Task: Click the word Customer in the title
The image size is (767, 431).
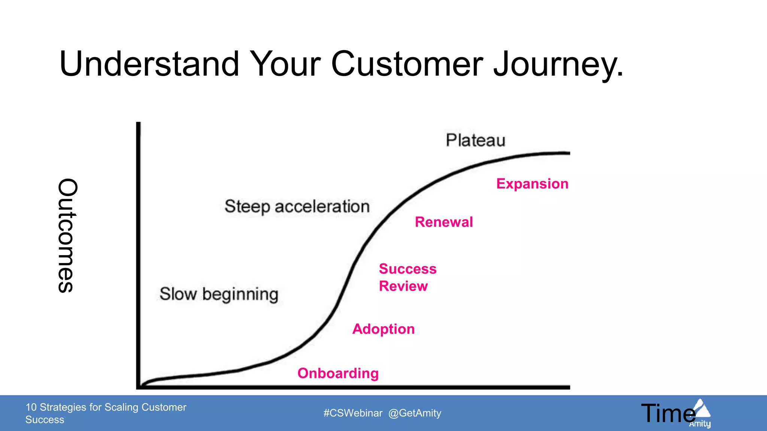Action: click(407, 64)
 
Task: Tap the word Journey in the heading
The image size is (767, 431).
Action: click(558, 64)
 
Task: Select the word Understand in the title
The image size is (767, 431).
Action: click(149, 64)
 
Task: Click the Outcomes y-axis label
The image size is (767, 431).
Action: click(68, 236)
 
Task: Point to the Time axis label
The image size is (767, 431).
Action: click(668, 413)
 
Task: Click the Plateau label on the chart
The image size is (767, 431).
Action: click(475, 140)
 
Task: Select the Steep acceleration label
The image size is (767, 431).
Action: click(297, 207)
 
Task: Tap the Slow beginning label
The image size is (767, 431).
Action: click(219, 294)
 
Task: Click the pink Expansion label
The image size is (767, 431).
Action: click(532, 184)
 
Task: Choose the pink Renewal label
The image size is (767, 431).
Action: click(444, 222)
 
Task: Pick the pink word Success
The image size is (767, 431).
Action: click(407, 269)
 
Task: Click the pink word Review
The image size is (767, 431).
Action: click(403, 286)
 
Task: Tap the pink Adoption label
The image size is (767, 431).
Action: click(383, 329)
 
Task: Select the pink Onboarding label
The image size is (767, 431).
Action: click(338, 373)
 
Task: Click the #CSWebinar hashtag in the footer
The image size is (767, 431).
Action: click(353, 413)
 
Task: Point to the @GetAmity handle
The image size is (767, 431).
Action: click(415, 413)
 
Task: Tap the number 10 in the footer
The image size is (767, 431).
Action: click(31, 407)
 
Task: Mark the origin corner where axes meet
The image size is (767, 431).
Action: click(139, 387)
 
